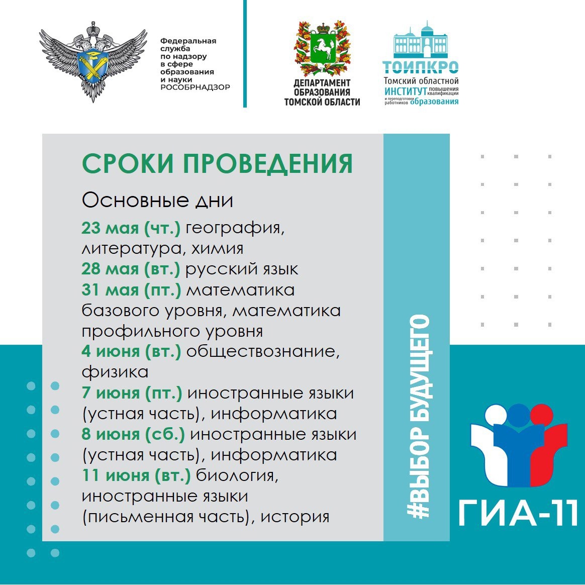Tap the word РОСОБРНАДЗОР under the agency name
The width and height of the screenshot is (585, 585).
195,87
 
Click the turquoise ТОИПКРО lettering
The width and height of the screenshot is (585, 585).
421,67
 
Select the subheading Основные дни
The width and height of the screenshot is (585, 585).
157,201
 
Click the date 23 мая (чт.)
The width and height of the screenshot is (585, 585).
131,228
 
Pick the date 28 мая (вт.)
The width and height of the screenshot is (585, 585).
131,269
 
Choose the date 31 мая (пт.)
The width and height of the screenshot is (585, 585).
131,290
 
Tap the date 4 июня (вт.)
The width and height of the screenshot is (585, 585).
131,351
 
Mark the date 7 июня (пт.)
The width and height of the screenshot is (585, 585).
132,393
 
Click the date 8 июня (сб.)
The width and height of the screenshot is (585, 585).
133,434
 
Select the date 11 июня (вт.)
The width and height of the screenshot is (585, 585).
136,475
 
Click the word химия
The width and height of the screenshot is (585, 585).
217,248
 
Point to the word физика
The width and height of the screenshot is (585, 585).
115,372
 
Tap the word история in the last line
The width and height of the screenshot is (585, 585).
295,517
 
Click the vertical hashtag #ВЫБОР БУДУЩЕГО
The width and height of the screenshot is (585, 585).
419,416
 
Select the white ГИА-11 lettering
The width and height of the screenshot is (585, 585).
518,513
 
